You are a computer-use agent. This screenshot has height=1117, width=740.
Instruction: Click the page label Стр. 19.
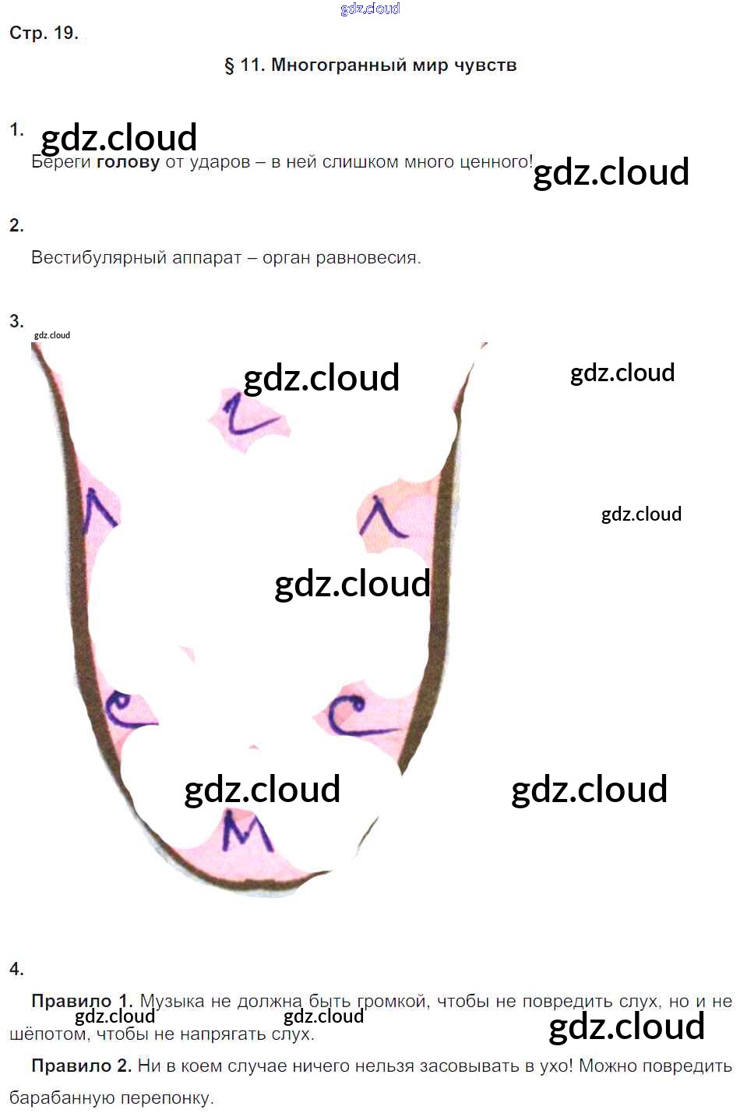click(x=44, y=33)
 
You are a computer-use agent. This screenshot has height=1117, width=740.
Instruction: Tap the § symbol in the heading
click(x=229, y=65)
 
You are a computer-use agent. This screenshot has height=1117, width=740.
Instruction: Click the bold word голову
click(x=128, y=162)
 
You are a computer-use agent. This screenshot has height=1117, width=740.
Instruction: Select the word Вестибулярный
click(x=98, y=258)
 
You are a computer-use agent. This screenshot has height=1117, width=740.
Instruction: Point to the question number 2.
click(x=16, y=225)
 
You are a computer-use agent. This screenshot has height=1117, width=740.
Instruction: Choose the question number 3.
click(x=16, y=321)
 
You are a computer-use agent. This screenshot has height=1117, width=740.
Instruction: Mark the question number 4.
click(x=16, y=969)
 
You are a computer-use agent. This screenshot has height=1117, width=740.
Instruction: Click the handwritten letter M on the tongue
click(x=246, y=831)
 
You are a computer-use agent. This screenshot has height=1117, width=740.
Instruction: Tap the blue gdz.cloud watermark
click(x=370, y=9)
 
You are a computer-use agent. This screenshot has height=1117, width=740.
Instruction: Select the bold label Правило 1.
click(x=82, y=1001)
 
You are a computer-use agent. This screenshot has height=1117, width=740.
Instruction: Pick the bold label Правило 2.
click(x=82, y=1066)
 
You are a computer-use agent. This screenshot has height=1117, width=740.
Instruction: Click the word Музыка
click(x=172, y=1001)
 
